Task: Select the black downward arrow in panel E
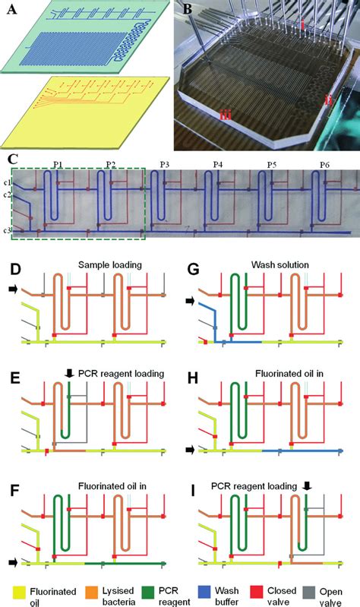(70, 373)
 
